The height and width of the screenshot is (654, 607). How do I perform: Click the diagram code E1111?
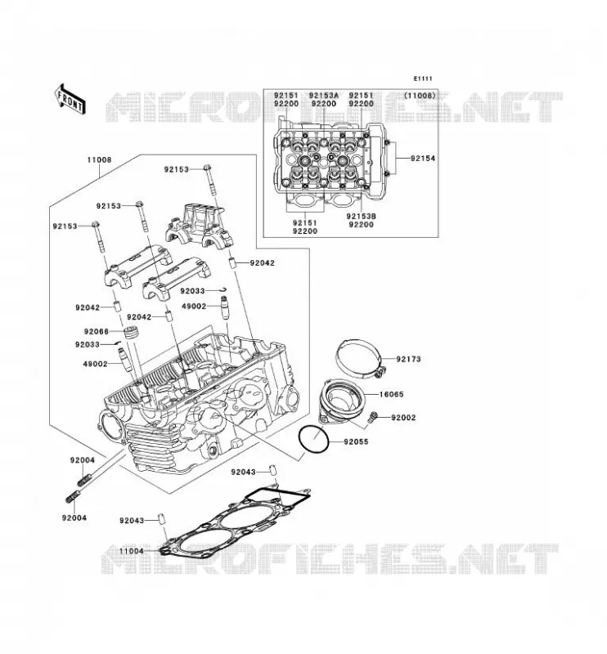tap(423, 78)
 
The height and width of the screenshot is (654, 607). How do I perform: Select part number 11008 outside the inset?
tap(99, 159)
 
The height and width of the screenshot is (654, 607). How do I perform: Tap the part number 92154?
tap(422, 159)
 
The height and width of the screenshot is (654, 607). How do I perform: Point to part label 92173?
tap(409, 359)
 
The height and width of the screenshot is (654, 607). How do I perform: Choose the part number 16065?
tap(392, 395)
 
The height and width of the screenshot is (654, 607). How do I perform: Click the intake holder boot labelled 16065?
tap(341, 401)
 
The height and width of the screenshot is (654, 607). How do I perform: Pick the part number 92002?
tap(403, 418)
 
